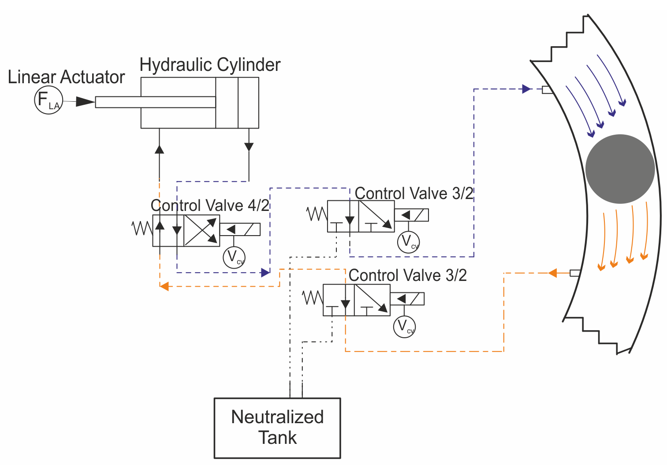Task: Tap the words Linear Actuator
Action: click(66, 77)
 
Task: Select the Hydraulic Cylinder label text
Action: click(210, 65)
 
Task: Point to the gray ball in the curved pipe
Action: click(620, 169)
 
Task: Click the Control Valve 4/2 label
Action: click(210, 205)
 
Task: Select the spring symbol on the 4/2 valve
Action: click(142, 228)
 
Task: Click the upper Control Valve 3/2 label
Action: click(414, 193)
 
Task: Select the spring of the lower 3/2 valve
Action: click(313, 298)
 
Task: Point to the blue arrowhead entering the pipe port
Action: click(527, 89)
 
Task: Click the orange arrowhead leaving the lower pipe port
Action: click(553, 273)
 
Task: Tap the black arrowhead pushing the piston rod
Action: click(86, 101)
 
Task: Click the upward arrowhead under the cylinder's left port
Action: click(159, 149)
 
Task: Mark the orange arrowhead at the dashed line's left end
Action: click(164, 286)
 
